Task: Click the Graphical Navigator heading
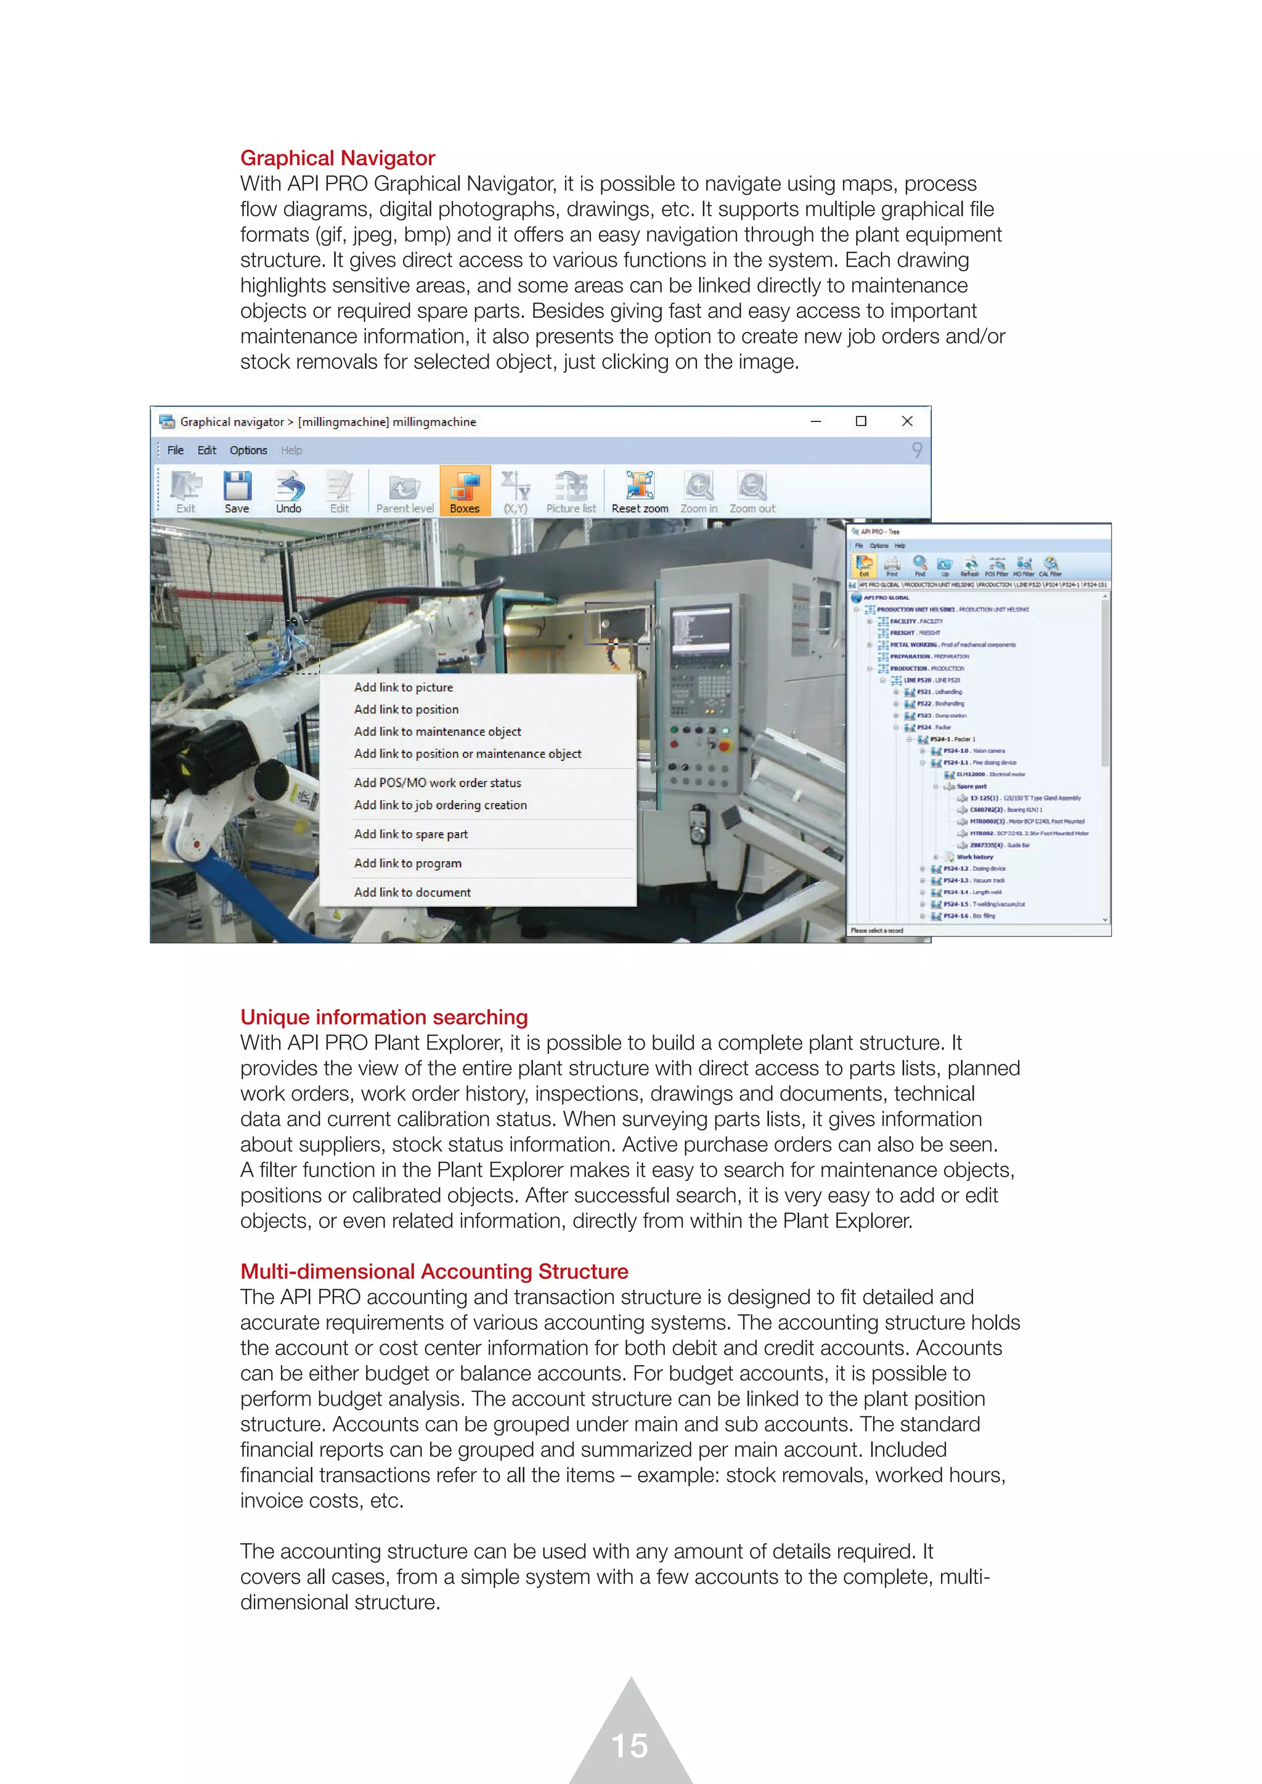pyautogui.click(x=337, y=158)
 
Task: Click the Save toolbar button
pyautogui.click(x=237, y=492)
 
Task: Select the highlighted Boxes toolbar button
pyautogui.click(x=465, y=492)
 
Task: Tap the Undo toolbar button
pyautogui.click(x=288, y=492)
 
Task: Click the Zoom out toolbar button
pyautogui.click(x=751, y=492)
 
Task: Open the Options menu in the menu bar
pyautogui.click(x=248, y=450)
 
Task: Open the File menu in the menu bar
pyautogui.click(x=176, y=450)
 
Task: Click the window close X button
pyautogui.click(x=906, y=421)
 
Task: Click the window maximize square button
pyautogui.click(x=860, y=421)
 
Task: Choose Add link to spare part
pyautogui.click(x=410, y=833)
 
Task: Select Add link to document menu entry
pyautogui.click(x=412, y=892)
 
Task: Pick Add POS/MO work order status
pyautogui.click(x=438, y=782)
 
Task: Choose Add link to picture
pyautogui.click(x=404, y=687)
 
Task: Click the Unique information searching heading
pyautogui.click(x=384, y=1017)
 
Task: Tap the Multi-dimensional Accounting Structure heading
pyautogui.click(x=434, y=1271)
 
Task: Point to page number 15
pyautogui.click(x=629, y=1745)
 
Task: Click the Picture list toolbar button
pyautogui.click(x=571, y=492)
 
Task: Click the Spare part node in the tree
pyautogui.click(x=971, y=786)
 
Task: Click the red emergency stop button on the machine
pyautogui.click(x=724, y=746)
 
